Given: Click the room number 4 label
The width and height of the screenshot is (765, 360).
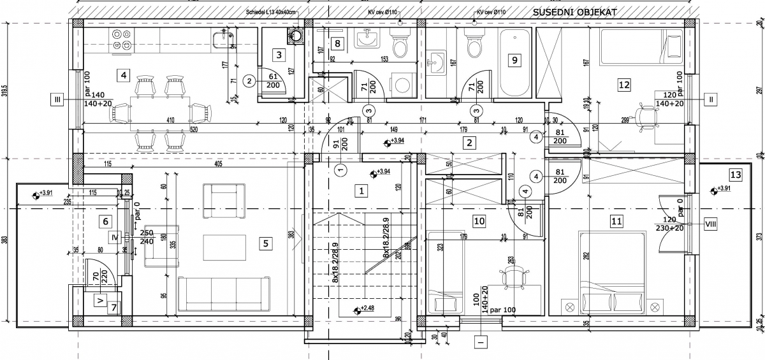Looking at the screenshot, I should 124,76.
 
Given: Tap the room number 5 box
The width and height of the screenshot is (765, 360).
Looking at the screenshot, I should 266,242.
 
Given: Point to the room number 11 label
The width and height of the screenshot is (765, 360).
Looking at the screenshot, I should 616,221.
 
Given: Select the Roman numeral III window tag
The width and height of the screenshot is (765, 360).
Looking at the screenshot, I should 58,99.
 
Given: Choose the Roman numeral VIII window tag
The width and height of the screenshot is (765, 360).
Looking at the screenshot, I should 710,223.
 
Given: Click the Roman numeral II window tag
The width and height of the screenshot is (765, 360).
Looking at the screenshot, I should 710,99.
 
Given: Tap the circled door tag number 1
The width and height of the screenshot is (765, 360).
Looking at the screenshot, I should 340,169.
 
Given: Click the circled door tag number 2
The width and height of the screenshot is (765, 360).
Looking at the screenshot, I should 249,81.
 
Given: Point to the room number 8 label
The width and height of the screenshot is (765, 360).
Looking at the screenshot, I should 338,43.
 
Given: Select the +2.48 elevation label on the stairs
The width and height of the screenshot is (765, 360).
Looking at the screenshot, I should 367,309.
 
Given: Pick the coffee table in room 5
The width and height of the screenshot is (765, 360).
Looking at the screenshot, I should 224,245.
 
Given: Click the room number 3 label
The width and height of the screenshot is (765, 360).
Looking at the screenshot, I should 279,55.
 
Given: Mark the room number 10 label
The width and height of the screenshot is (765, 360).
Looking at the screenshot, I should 479,221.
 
